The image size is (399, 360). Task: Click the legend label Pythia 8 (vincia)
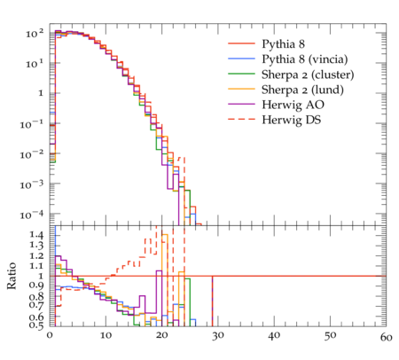(305, 59)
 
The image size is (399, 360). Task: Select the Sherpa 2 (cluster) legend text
(308, 74)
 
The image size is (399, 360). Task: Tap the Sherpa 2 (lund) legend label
(302, 90)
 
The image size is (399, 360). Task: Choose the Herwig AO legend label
(293, 105)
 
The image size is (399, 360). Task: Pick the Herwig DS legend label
(292, 120)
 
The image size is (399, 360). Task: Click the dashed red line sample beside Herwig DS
(241, 119)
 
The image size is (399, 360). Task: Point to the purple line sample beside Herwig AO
(241, 104)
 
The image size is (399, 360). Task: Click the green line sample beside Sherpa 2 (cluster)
(241, 74)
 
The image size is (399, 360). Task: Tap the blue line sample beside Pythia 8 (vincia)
(241, 59)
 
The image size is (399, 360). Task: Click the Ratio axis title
(12, 276)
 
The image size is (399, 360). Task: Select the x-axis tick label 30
(218, 336)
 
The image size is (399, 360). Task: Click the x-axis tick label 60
(386, 337)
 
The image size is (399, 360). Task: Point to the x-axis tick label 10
(106, 336)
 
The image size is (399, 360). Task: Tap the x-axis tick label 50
(330, 336)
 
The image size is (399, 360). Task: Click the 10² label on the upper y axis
(35, 34)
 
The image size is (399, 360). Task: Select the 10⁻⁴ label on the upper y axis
(31, 215)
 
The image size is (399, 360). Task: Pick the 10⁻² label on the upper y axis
(31, 154)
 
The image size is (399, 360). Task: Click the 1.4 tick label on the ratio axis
(36, 235)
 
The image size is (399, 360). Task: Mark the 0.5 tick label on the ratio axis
(36, 325)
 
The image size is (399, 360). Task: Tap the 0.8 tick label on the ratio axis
(36, 296)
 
